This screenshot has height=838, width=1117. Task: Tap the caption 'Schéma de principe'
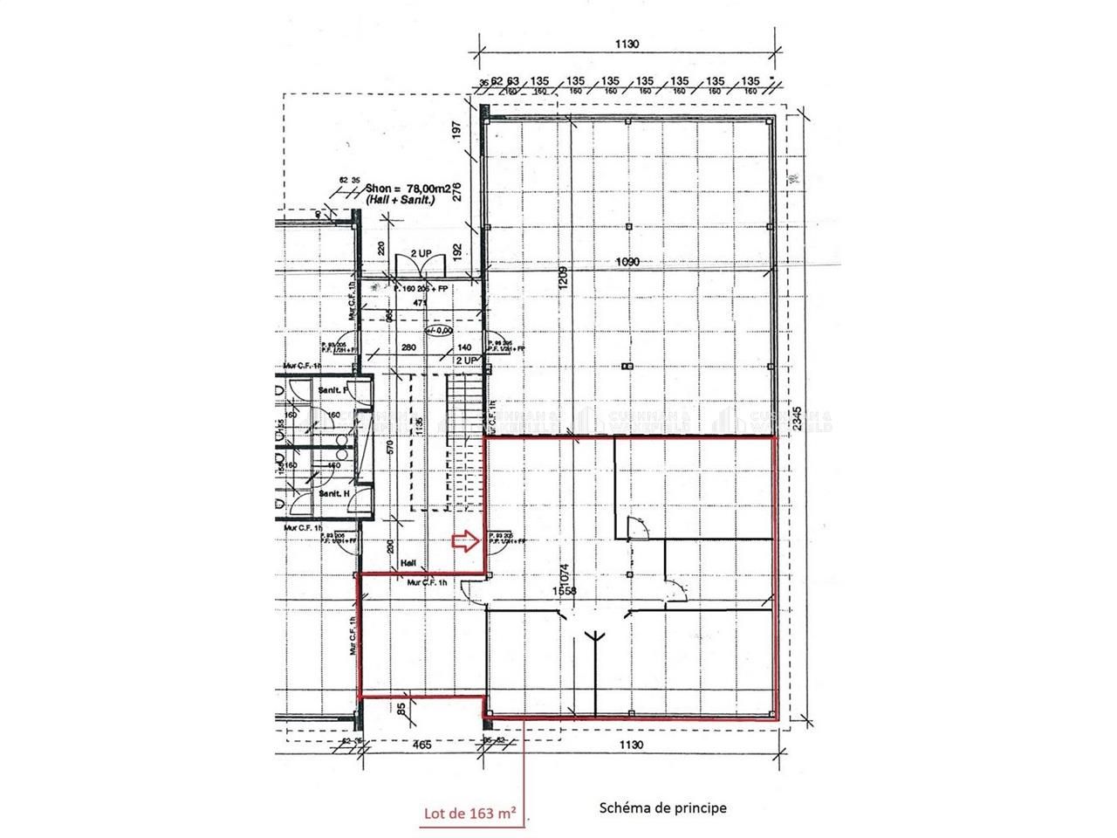click(662, 807)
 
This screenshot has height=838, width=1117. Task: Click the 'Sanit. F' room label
click(333, 389)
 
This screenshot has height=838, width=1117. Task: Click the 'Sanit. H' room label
click(333, 494)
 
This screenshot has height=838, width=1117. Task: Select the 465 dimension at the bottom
click(421, 745)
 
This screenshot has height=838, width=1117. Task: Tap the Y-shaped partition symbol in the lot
click(597, 638)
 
